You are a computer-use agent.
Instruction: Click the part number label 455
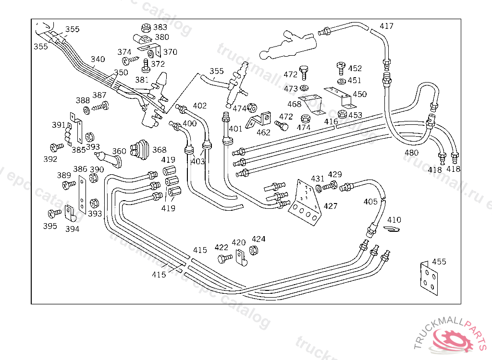(x=439, y=262)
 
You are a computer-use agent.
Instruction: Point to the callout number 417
(x=386, y=26)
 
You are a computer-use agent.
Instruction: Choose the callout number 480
(x=411, y=153)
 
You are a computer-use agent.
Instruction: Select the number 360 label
(x=119, y=151)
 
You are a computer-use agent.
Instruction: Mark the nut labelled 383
(x=145, y=28)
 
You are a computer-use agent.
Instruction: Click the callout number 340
(x=98, y=60)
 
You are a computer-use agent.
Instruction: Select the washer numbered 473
(x=304, y=88)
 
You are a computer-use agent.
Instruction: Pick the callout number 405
(x=370, y=202)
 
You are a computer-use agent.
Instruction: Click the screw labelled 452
(x=341, y=68)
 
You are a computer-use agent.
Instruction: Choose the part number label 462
(x=263, y=132)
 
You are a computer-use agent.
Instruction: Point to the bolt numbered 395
(x=54, y=213)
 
